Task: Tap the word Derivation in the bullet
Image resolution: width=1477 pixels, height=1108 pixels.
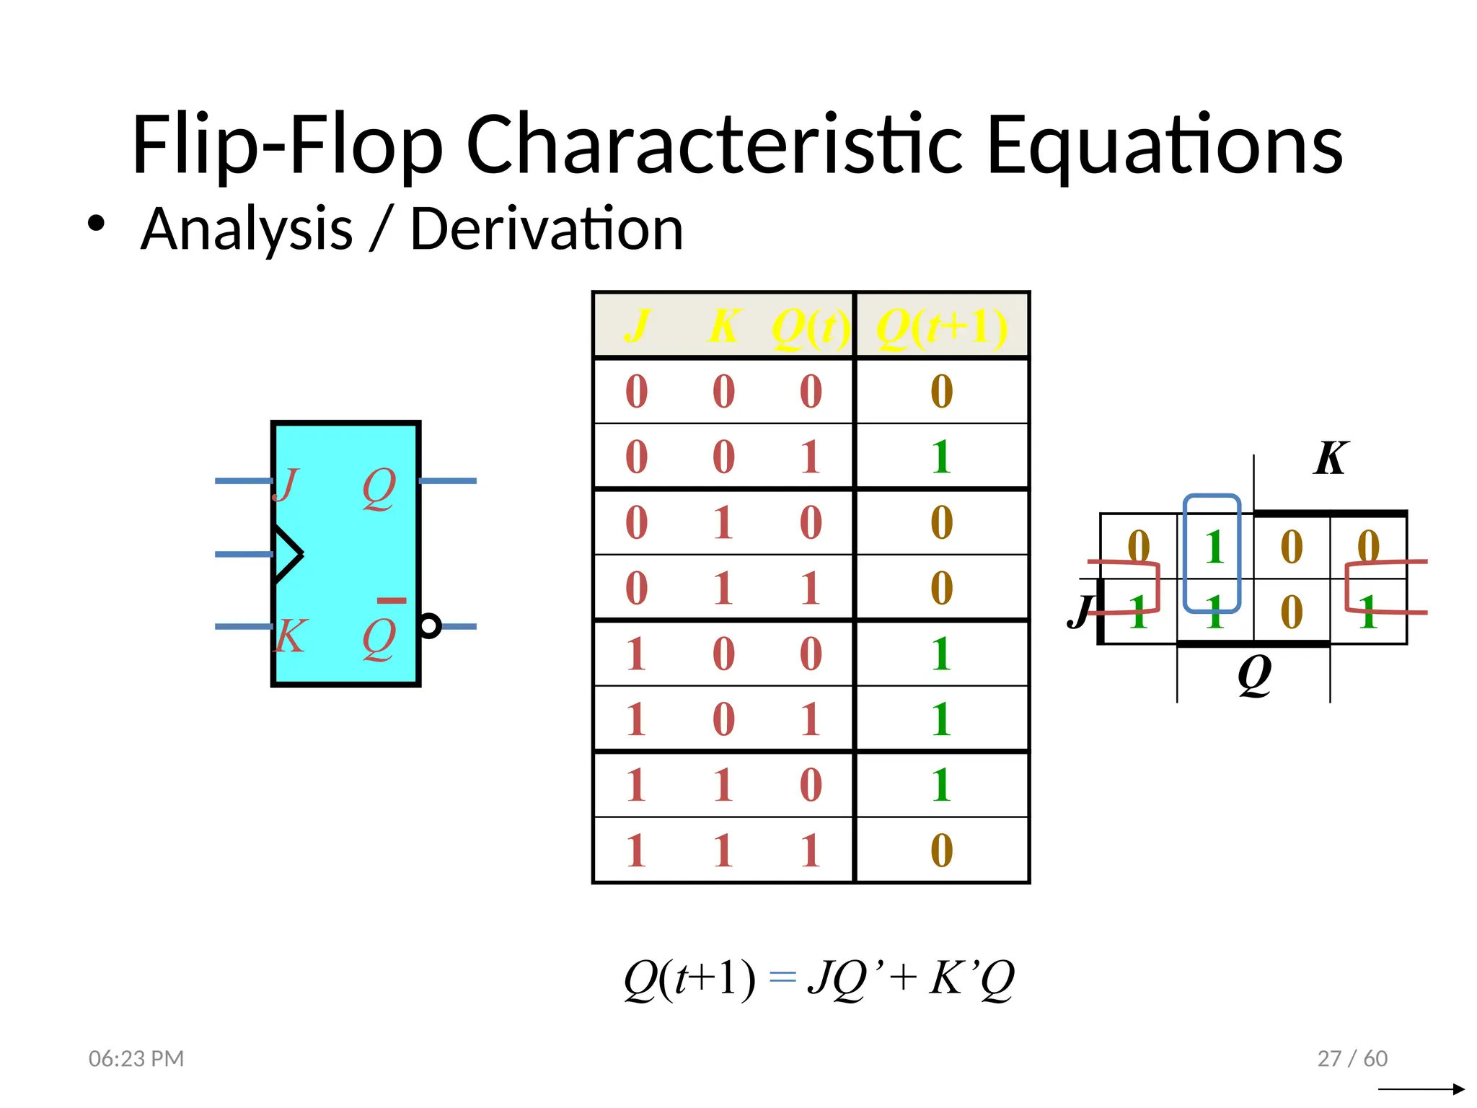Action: (x=546, y=229)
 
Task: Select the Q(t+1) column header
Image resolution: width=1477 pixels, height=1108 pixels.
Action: (x=941, y=327)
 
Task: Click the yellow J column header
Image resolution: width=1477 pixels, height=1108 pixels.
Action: (x=637, y=326)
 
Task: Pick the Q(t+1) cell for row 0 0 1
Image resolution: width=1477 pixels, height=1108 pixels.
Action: (x=941, y=457)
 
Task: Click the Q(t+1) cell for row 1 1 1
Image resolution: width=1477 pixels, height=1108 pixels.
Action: (x=941, y=850)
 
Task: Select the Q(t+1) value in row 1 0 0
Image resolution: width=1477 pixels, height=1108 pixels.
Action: (x=941, y=654)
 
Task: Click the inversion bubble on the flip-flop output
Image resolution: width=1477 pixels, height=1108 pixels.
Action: (x=430, y=625)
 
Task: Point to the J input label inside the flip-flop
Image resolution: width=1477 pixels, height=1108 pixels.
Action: (x=286, y=484)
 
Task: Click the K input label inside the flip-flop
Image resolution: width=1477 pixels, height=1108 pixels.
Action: (x=290, y=636)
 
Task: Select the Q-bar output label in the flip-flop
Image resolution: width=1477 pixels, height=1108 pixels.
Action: (x=380, y=635)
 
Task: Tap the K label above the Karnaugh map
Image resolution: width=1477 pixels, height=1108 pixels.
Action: (x=1330, y=458)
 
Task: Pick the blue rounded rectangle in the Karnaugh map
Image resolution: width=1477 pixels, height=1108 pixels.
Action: (x=1212, y=553)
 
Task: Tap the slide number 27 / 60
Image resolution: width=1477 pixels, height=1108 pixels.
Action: (x=1352, y=1058)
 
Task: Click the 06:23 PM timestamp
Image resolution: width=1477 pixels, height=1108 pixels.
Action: (x=136, y=1058)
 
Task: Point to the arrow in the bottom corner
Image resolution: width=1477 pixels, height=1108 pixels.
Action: (x=1421, y=1089)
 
